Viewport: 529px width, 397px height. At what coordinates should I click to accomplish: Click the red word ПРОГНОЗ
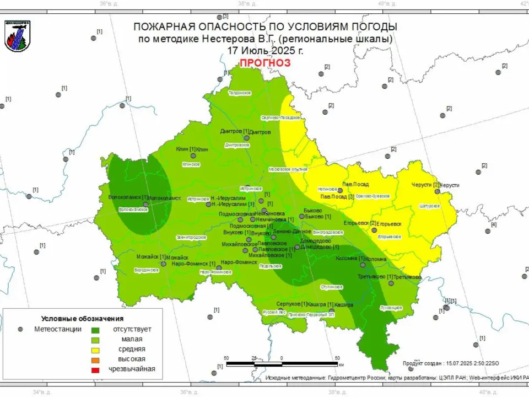click(x=264, y=63)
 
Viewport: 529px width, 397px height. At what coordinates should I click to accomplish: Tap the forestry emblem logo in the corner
click(x=18, y=36)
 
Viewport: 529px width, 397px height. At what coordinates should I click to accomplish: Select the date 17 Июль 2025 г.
click(x=264, y=50)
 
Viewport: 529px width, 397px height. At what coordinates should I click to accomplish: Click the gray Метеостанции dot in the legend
click(x=20, y=329)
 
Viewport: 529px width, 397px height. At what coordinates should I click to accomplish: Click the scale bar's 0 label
click(x=282, y=358)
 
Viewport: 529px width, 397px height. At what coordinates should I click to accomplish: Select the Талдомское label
click(x=240, y=93)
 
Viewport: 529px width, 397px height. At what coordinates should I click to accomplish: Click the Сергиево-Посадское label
click(x=280, y=117)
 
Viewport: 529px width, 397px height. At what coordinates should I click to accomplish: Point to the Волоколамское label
click(x=133, y=210)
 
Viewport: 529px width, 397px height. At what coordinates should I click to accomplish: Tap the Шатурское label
click(x=430, y=206)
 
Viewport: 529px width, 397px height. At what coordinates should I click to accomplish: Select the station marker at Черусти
click(x=437, y=191)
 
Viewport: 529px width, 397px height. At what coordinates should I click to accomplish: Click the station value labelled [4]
click(x=494, y=224)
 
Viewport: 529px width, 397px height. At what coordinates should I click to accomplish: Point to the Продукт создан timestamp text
click(x=451, y=363)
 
